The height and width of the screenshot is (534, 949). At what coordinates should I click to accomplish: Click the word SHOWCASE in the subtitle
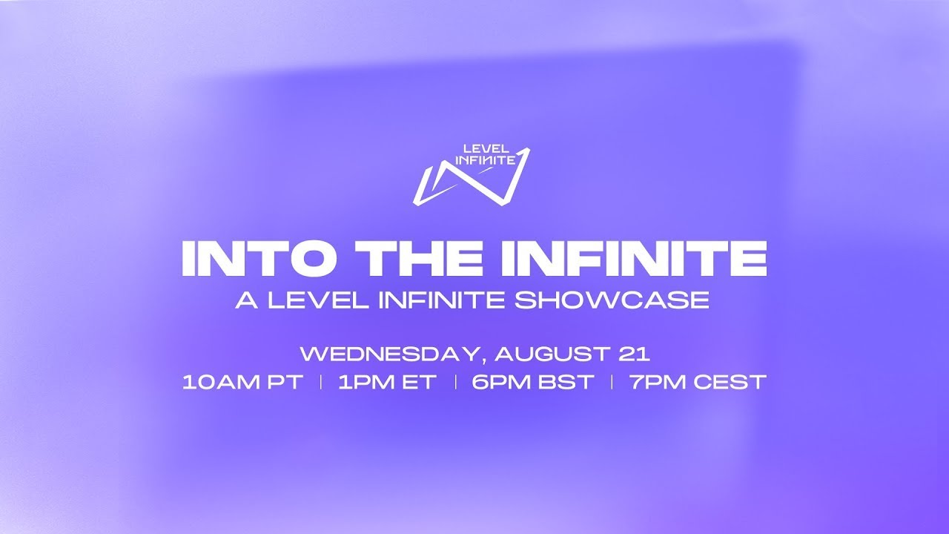[612, 300]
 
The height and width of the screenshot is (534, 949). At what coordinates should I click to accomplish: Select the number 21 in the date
[634, 354]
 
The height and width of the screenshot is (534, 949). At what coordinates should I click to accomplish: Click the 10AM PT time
[242, 382]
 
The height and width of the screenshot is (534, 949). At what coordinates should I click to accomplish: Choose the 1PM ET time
[387, 382]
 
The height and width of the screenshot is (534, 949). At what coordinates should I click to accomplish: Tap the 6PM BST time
[532, 382]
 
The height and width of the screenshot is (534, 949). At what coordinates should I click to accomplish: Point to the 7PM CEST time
[698, 382]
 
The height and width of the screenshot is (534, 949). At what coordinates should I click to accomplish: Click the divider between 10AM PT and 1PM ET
[321, 382]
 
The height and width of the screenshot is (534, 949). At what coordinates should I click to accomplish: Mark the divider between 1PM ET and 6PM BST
[455, 382]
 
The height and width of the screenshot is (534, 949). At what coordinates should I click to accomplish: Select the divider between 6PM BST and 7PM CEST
[612, 382]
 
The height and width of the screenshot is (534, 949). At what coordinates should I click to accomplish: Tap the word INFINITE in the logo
[486, 160]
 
